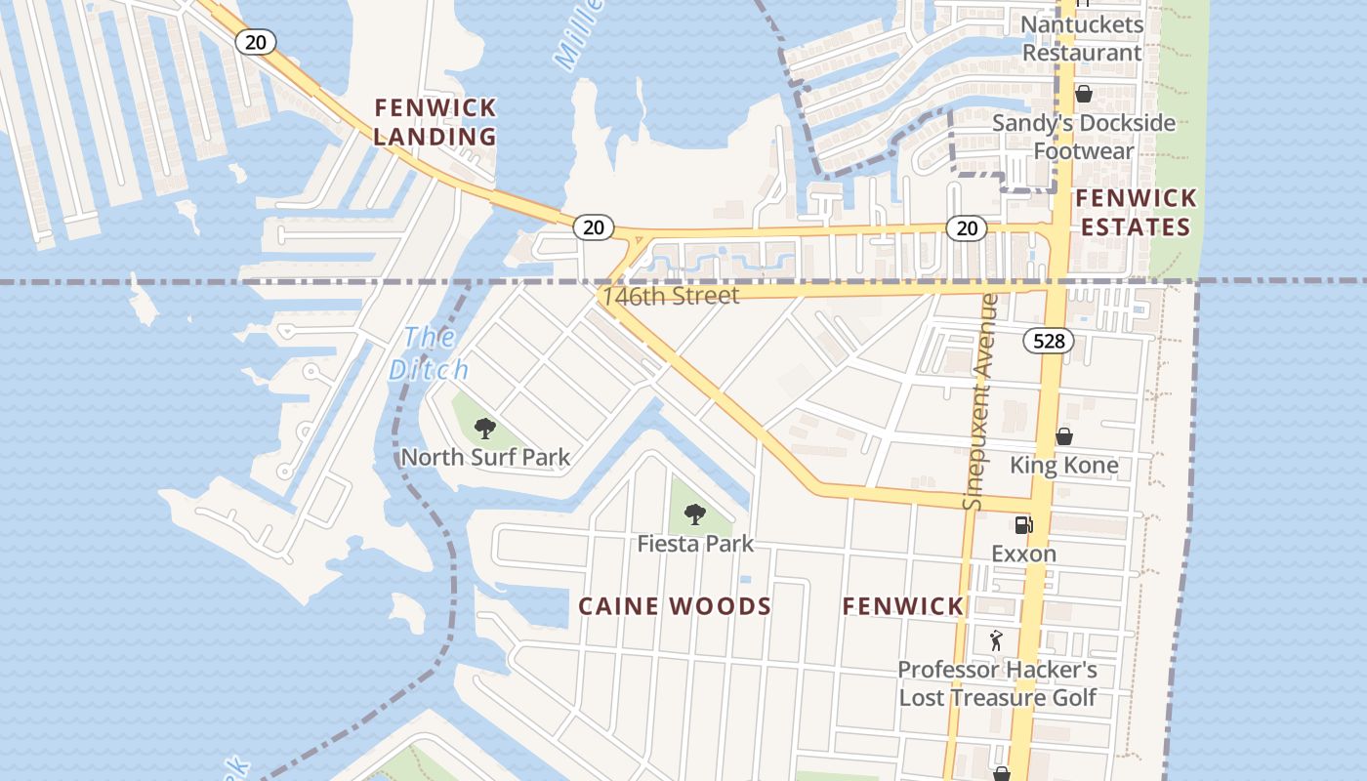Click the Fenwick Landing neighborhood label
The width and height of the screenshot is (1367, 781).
(x=435, y=122)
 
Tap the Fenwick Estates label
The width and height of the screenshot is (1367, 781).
(x=1136, y=213)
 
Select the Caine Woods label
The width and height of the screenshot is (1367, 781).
(x=675, y=606)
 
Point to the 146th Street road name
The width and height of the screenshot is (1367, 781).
(x=671, y=296)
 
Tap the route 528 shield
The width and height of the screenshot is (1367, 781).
(x=1049, y=341)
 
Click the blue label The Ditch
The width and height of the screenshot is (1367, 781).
(x=429, y=353)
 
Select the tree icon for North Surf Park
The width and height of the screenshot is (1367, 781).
(x=484, y=428)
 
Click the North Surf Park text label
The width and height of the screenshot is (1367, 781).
(x=485, y=457)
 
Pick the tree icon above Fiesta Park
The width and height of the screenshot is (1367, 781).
(x=694, y=514)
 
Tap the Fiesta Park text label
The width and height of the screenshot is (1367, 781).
(x=695, y=543)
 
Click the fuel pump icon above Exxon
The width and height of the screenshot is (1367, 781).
(x=1023, y=525)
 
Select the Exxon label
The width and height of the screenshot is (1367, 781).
(x=1023, y=554)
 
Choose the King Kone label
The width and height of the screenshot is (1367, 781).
(x=1063, y=465)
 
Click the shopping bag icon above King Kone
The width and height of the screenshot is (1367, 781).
(x=1064, y=436)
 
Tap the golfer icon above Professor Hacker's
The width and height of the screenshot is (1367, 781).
(x=996, y=640)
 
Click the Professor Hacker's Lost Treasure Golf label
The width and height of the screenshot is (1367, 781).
(x=997, y=683)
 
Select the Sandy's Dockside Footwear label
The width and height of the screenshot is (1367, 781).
(x=1084, y=137)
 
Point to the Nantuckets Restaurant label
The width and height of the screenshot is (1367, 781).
(x=1082, y=38)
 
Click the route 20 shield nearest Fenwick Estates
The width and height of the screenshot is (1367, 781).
(x=966, y=228)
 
